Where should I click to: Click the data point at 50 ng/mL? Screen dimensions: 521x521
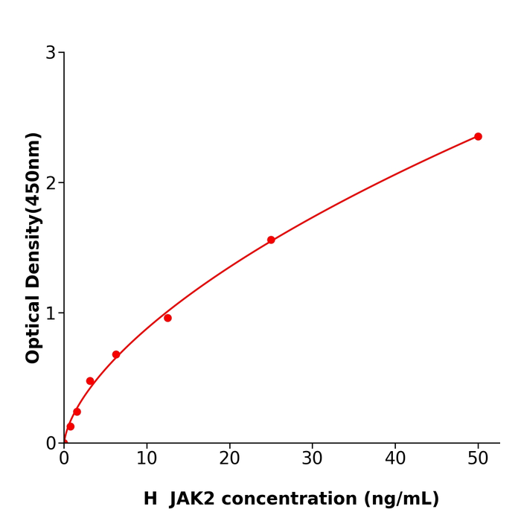click(478, 136)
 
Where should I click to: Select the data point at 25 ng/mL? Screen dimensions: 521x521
click(271, 240)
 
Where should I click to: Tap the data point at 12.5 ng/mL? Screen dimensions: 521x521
click(167, 318)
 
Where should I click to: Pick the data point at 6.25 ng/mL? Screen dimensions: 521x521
click(116, 354)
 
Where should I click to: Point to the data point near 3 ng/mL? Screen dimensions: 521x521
click(90, 381)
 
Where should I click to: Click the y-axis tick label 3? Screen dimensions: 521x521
click(51, 53)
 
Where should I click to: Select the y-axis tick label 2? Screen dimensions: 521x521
click(51, 183)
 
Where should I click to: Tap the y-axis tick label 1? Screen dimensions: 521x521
click(51, 313)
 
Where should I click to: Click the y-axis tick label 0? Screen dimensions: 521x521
click(51, 444)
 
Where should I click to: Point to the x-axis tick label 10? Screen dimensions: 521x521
click(147, 459)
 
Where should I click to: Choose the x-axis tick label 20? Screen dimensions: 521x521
click(229, 459)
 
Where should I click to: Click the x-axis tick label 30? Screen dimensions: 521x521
click(313, 459)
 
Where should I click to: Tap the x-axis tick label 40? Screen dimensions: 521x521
click(395, 459)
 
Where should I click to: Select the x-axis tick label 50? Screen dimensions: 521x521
click(478, 459)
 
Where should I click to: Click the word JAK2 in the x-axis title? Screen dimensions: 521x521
click(196, 499)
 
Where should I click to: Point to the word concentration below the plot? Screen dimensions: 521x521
click(302, 499)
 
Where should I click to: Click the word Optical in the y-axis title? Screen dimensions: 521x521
click(33, 329)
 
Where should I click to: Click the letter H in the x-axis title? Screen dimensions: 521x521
click(150, 499)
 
